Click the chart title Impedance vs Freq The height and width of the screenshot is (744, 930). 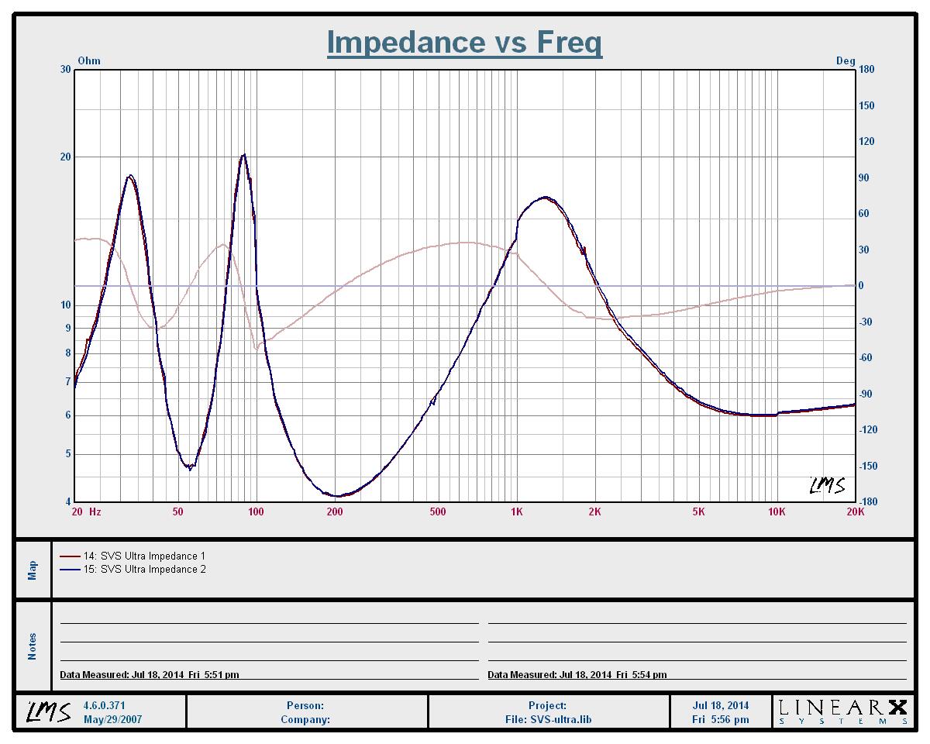coord(464,42)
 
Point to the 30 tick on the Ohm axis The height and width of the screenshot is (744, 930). coord(66,70)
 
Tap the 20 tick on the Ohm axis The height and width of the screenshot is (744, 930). coord(66,157)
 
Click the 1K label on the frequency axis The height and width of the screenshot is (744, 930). coord(517,511)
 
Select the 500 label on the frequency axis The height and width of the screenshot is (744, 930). coord(438,511)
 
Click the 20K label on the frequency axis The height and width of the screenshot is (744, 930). coord(855,511)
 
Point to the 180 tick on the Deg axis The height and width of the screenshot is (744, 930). coord(866,70)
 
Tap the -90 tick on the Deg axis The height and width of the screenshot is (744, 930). coord(866,394)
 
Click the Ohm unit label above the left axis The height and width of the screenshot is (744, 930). coord(89,60)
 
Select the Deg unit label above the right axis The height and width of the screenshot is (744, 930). coord(846,60)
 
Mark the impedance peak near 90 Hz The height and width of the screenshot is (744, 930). coord(243,155)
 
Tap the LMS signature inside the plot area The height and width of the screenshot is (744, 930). coord(827,486)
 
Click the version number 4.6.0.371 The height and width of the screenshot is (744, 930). coord(104,706)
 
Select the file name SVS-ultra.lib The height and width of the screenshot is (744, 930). coord(548,719)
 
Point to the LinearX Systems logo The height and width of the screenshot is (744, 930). coord(842,711)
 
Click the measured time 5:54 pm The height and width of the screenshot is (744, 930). coord(646,675)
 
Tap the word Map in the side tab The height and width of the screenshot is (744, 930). coord(33,570)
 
